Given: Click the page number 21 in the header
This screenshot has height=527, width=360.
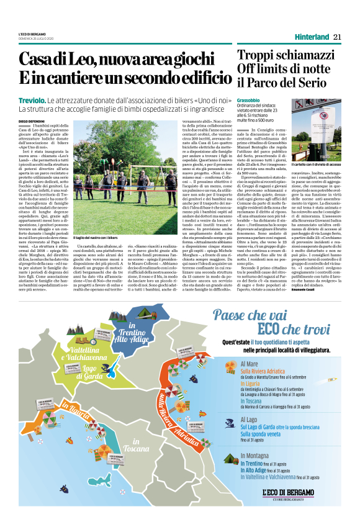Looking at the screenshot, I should pos(338,37).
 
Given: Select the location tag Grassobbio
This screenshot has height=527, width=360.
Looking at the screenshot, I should pos(249,100).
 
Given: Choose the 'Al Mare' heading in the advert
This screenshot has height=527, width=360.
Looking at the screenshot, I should pos(251,363).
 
